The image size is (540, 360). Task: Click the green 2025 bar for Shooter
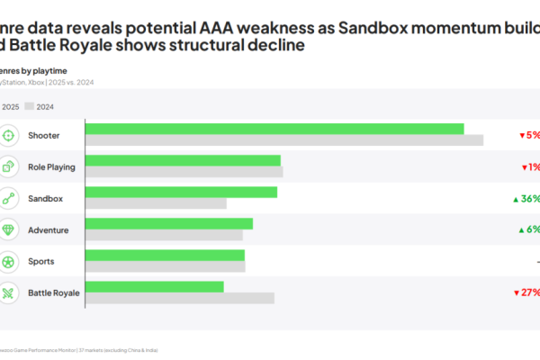click(274, 129)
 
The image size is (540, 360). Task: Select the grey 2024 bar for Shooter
click(284, 139)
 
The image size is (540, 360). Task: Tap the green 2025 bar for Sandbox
click(181, 192)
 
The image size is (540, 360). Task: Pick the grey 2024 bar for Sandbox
click(156, 202)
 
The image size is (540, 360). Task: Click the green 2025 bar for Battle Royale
click(155, 286)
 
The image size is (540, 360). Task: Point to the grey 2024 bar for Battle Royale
click(180, 297)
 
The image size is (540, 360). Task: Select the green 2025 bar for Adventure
click(169, 223)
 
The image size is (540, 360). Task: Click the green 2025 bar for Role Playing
click(183, 160)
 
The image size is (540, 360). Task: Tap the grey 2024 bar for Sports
click(166, 265)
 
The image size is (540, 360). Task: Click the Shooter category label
click(44, 135)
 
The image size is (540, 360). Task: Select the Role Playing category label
click(51, 166)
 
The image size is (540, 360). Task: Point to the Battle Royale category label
click(54, 292)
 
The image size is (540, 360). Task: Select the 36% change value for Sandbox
click(529, 198)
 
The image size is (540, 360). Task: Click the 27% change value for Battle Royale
click(528, 292)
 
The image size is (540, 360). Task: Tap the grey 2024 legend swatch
click(29, 106)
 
